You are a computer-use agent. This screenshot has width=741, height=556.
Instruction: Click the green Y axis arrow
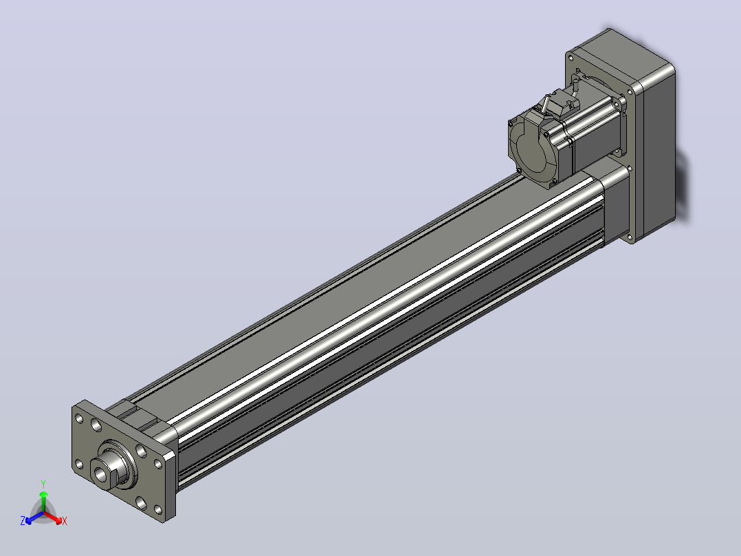click(x=43, y=502)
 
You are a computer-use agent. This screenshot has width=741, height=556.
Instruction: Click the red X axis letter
click(x=65, y=521)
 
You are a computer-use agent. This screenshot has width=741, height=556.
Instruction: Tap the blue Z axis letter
click(x=22, y=520)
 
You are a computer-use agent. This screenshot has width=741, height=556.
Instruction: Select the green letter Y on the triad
click(x=43, y=484)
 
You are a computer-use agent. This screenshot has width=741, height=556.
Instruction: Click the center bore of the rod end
click(x=100, y=473)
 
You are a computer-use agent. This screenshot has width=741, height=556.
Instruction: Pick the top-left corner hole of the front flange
click(x=79, y=419)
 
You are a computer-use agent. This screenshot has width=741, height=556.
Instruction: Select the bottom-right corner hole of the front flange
click(x=158, y=510)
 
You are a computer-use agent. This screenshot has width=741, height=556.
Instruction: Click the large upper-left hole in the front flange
click(x=96, y=425)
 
